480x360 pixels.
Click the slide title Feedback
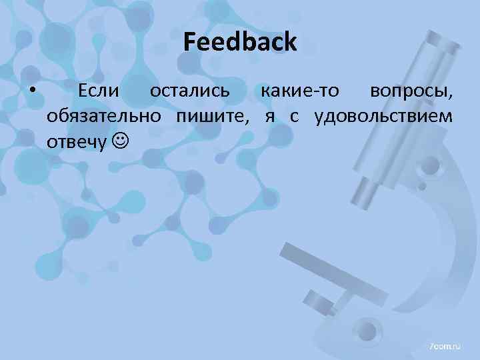point(240,43)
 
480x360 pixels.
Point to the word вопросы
point(411,92)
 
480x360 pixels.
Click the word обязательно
point(103,117)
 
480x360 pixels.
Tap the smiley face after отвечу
point(119,143)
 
